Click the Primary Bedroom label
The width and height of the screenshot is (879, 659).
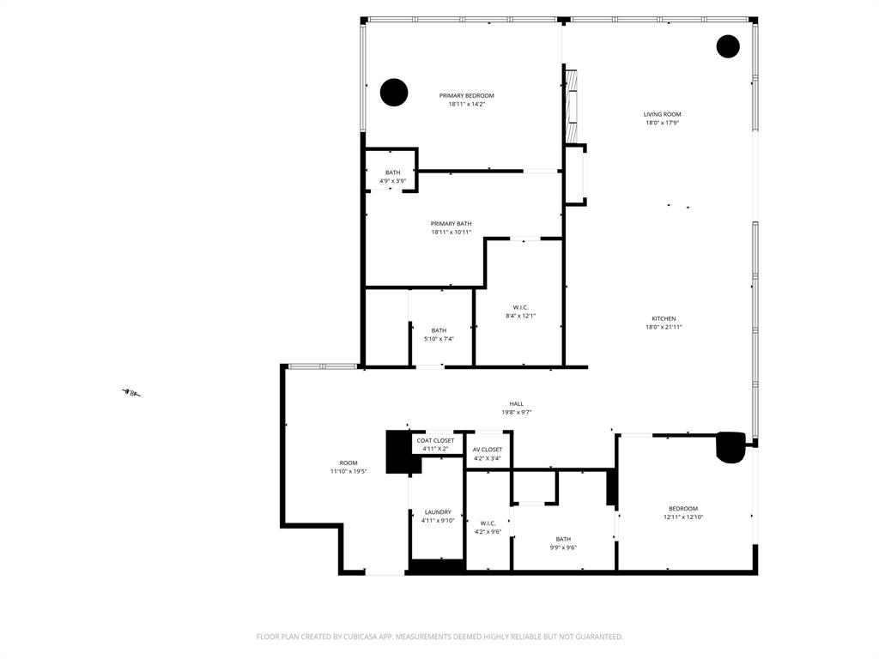pyautogui.click(x=466, y=96)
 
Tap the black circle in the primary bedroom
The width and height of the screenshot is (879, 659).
pyautogui.click(x=393, y=92)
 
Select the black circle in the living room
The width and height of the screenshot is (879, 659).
pyautogui.click(x=728, y=46)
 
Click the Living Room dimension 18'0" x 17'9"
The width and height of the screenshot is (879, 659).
pyautogui.click(x=663, y=123)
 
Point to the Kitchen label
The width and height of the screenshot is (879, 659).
pyautogui.click(x=663, y=318)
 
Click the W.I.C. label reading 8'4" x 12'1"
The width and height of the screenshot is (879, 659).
pyautogui.click(x=520, y=307)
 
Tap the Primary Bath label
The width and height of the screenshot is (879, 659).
pyautogui.click(x=451, y=224)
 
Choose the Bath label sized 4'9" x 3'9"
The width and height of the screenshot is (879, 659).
pyautogui.click(x=392, y=172)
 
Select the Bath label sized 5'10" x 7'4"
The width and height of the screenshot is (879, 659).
pyautogui.click(x=439, y=330)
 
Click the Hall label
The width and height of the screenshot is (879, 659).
pyautogui.click(x=516, y=404)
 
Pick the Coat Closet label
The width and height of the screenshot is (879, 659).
pyautogui.click(x=435, y=440)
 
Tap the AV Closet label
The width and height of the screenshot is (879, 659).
pyautogui.click(x=487, y=450)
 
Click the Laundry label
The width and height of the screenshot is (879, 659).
pyautogui.click(x=437, y=512)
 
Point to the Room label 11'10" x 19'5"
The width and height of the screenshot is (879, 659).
pyautogui.click(x=348, y=463)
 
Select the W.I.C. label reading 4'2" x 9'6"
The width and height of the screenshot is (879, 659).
pyautogui.click(x=488, y=523)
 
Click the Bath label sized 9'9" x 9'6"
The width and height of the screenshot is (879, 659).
pyautogui.click(x=562, y=539)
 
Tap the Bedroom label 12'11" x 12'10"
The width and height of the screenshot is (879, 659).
pyautogui.click(x=682, y=508)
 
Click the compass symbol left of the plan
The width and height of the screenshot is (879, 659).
pyautogui.click(x=131, y=393)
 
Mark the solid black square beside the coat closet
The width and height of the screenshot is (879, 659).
pyautogui.click(x=398, y=451)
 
